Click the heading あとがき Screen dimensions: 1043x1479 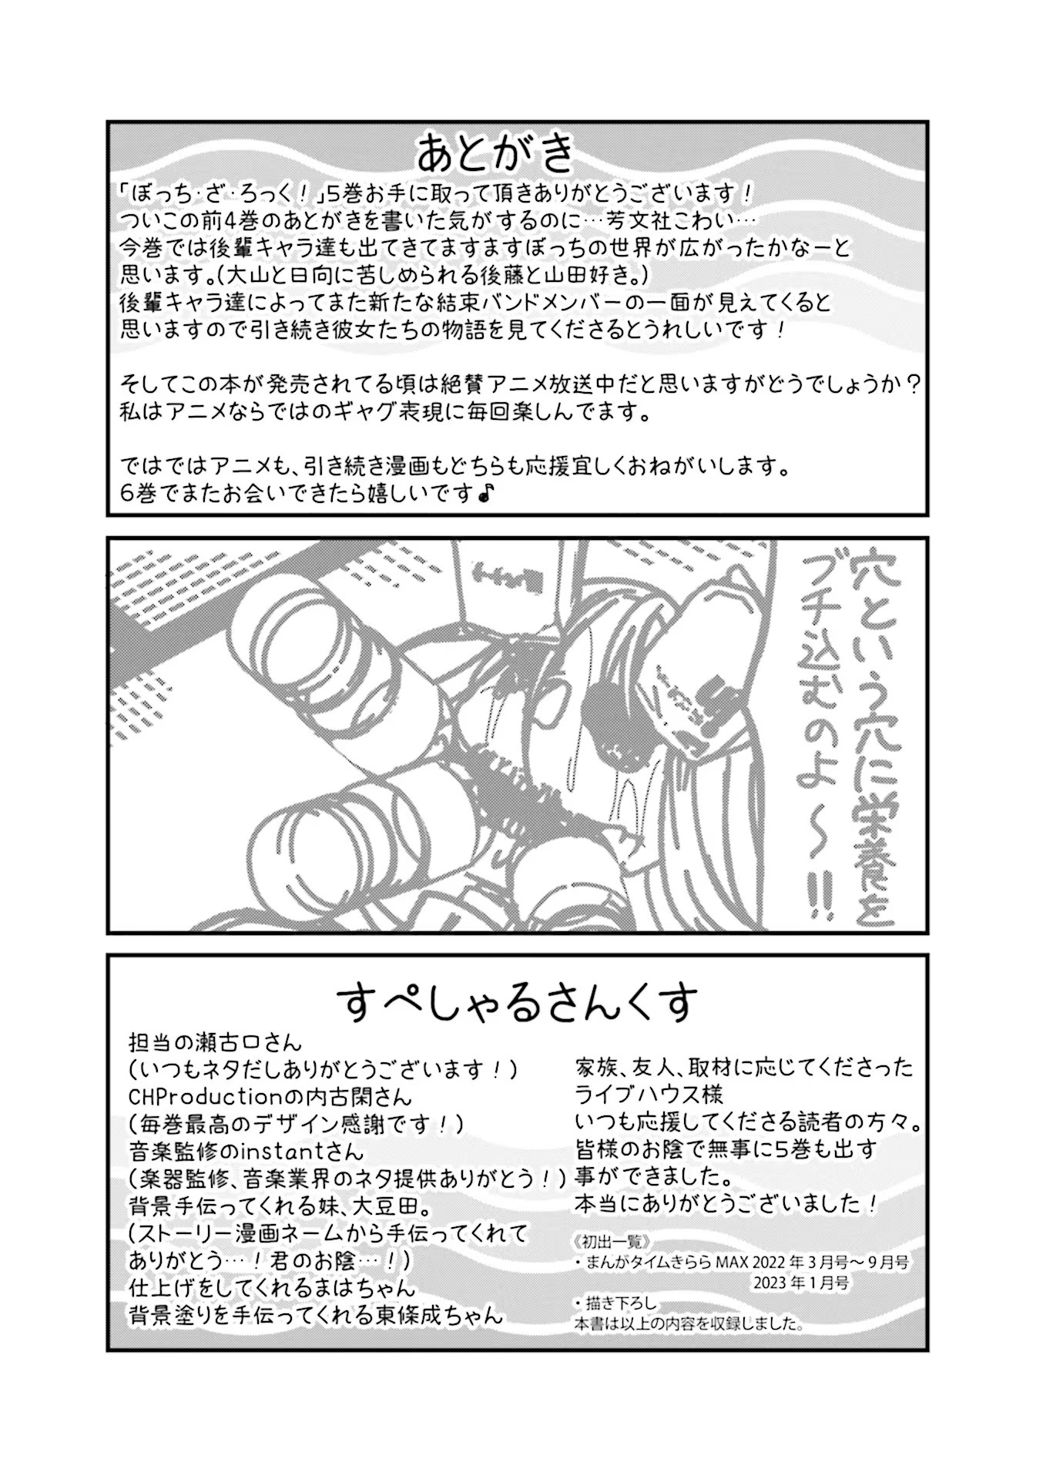pos(497,153)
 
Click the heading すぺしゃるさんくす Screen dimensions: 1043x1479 pos(517,1002)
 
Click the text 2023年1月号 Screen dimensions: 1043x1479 pos(802,1283)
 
